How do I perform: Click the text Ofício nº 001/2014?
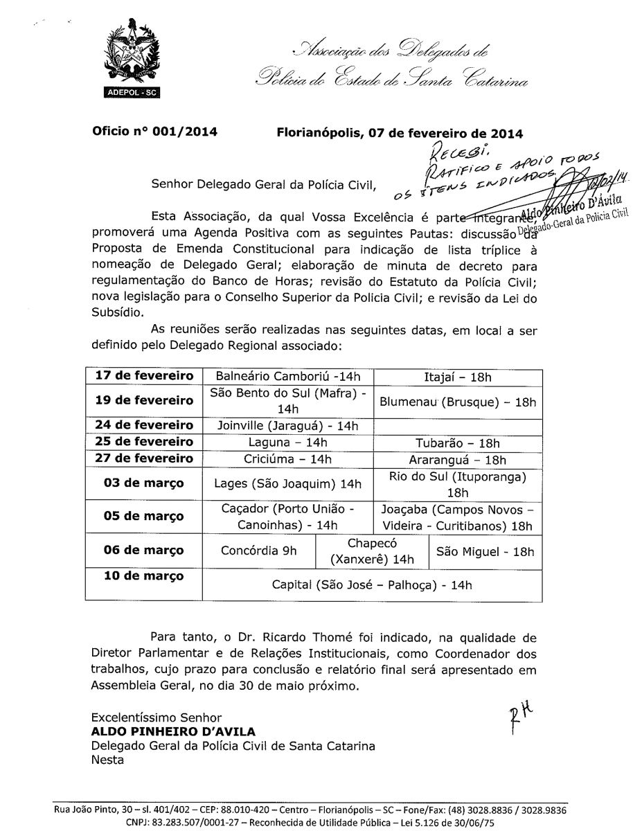tap(155, 132)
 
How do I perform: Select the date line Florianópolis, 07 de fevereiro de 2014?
tap(400, 132)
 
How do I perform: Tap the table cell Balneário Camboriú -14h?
tap(289, 377)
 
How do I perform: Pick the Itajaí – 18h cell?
tap(457, 377)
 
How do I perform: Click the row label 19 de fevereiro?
tap(144, 401)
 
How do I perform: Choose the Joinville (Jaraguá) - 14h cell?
tap(289, 425)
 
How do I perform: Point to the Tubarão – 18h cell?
tap(457, 442)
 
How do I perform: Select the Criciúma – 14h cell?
tap(289, 458)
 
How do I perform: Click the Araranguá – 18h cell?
tap(457, 459)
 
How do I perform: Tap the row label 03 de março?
tap(144, 483)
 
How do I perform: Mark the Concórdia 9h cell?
tap(258, 551)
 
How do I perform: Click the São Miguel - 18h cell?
tap(485, 551)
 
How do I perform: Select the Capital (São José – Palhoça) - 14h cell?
tap(372, 585)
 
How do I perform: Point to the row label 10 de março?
tap(144, 576)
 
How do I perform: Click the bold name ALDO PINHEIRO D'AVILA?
tap(173, 731)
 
